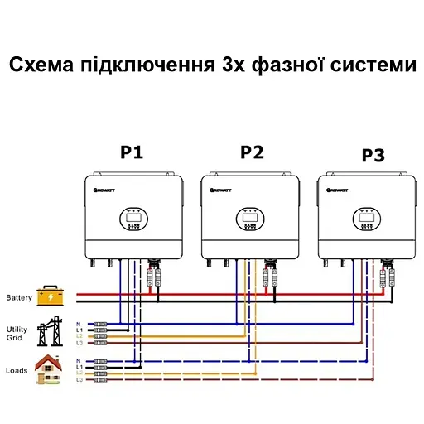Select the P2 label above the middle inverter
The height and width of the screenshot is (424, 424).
(x=252, y=152)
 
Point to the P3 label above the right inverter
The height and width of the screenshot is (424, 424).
(x=373, y=156)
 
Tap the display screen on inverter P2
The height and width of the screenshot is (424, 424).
(x=248, y=217)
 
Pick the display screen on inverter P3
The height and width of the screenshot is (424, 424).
(x=364, y=217)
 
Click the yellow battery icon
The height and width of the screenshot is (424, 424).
(x=50, y=296)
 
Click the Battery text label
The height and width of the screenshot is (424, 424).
(x=19, y=297)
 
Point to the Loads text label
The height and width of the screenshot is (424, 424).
(x=17, y=370)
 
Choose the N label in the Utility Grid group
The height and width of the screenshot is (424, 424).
(x=78, y=323)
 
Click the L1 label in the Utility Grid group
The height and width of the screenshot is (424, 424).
(x=79, y=330)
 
